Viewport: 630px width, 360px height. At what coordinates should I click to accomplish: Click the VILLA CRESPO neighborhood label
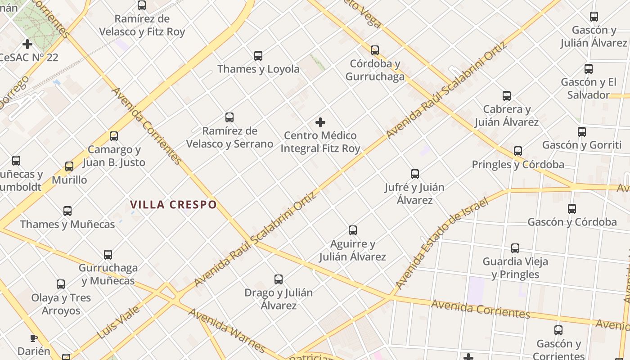[x=173, y=205]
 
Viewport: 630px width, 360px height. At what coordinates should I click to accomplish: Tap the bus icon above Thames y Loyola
[x=258, y=56]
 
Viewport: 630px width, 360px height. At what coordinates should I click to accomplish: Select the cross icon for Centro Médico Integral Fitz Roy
[x=320, y=122]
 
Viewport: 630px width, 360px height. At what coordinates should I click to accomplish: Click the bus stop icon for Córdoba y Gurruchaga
[x=374, y=50]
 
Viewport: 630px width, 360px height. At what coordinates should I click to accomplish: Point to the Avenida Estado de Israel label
[x=441, y=243]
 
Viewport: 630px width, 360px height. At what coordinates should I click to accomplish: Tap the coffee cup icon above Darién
[x=34, y=338]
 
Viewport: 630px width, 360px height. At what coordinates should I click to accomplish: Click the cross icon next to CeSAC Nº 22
[x=27, y=44]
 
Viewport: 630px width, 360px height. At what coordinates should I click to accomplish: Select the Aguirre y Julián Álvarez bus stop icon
[x=353, y=230]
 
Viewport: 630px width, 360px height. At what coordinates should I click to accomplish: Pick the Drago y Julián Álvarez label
[x=279, y=299]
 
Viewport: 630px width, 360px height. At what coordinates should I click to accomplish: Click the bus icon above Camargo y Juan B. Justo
[x=114, y=136]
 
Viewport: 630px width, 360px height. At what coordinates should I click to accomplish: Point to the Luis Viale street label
[x=118, y=322]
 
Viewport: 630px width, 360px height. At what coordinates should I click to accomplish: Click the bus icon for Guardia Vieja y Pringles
[x=515, y=248]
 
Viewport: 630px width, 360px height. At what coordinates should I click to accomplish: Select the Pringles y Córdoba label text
[x=518, y=165]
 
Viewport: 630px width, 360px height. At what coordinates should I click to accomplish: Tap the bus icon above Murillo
[x=69, y=166]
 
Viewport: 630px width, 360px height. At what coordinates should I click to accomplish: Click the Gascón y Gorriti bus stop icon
[x=582, y=132]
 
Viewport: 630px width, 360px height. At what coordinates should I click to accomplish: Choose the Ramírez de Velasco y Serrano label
[x=229, y=137]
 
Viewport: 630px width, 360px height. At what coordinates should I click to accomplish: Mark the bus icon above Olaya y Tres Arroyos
[x=61, y=284]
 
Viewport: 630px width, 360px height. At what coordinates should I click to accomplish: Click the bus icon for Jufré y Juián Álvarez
[x=414, y=174]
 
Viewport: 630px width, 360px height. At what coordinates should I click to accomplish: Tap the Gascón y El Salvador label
[x=588, y=89]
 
